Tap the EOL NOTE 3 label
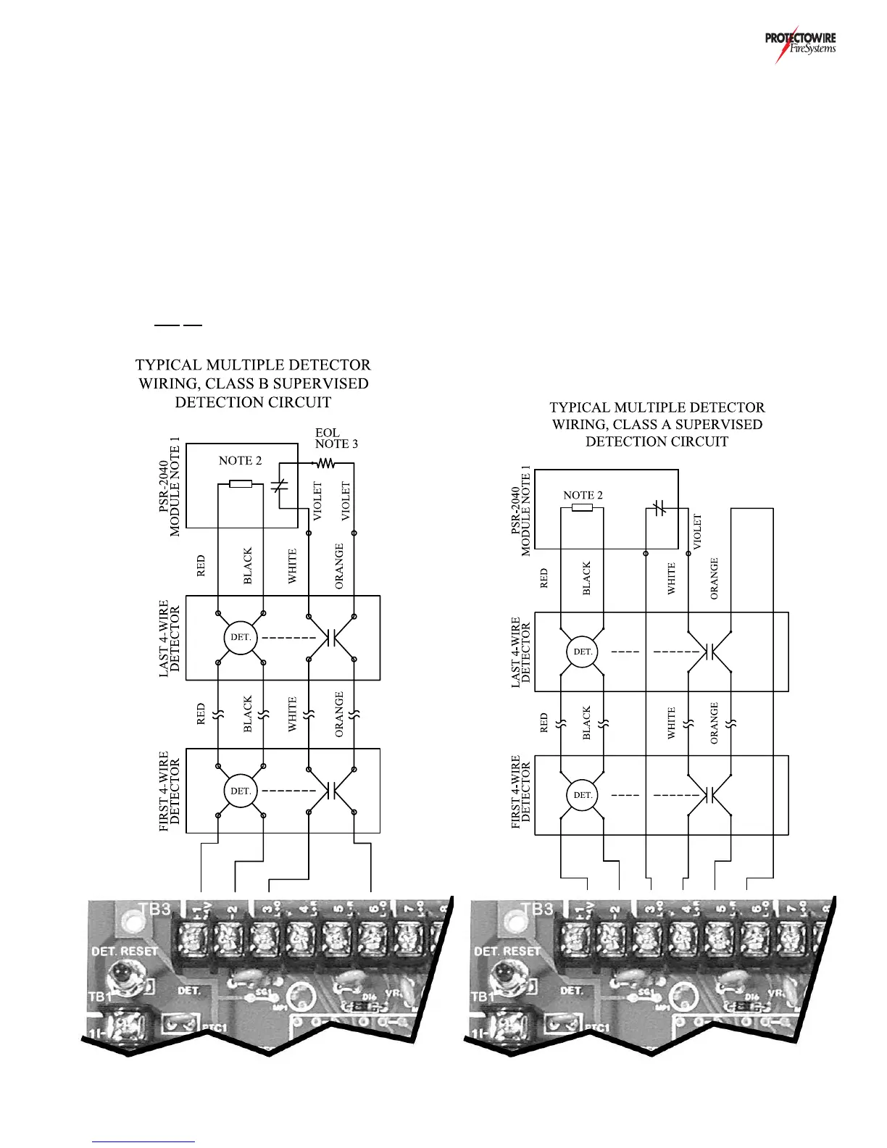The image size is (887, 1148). click(x=336, y=438)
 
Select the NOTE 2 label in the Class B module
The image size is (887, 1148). click(x=240, y=461)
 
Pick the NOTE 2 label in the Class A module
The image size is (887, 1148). click(x=583, y=495)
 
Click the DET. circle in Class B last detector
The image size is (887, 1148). click(x=241, y=638)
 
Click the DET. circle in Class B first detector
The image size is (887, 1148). click(x=241, y=791)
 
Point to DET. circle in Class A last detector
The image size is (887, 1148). click(x=583, y=652)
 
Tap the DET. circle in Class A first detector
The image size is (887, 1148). click(x=583, y=795)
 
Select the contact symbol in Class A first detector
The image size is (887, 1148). click(x=709, y=795)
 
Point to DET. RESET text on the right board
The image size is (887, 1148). click(x=507, y=950)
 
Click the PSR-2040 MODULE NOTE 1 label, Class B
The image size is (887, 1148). click(x=170, y=490)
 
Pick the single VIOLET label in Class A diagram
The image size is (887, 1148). click(x=698, y=532)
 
